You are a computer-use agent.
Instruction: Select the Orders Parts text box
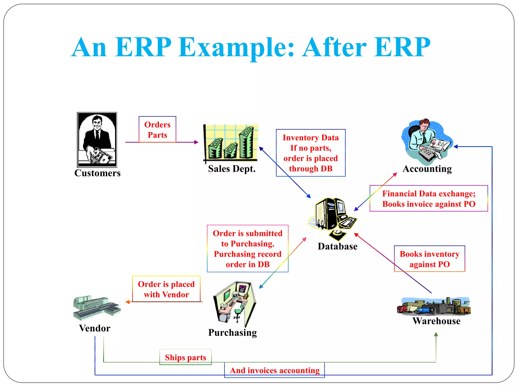coord(157,129)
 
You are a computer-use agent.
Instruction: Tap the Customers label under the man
coord(97,173)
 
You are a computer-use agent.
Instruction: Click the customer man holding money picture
coord(97,139)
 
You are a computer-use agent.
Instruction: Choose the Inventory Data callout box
coord(310,153)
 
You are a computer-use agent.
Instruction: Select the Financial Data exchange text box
coord(428,199)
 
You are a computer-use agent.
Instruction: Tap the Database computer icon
coord(331,218)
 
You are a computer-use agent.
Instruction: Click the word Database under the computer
coord(337,246)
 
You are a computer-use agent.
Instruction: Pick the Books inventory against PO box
coord(429,259)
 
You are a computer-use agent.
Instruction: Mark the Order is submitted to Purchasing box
coord(247,249)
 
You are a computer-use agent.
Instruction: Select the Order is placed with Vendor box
coord(166,289)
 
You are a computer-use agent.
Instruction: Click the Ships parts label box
coord(185,357)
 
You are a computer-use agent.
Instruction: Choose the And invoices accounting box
coord(274,370)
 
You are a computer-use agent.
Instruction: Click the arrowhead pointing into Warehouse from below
coord(436,334)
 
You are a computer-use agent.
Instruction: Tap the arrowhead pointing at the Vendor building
coord(127,302)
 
